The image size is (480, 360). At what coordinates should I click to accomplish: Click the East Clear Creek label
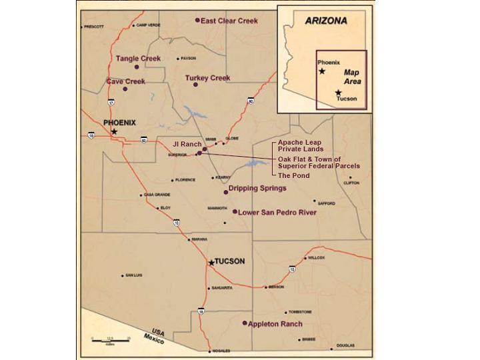(229, 21)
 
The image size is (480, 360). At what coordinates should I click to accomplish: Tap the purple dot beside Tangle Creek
(137, 67)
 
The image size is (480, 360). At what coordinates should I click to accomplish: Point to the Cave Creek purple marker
(125, 89)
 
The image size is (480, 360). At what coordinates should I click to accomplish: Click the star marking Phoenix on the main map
(114, 132)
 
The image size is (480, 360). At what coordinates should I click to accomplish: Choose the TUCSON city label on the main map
(231, 261)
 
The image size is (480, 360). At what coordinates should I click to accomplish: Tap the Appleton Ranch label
(275, 324)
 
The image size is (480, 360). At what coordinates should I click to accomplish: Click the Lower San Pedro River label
(277, 213)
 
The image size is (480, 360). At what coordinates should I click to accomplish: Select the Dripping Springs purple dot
(226, 192)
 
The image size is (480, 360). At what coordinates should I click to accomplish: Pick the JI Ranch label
(187, 144)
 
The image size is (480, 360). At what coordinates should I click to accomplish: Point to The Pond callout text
(293, 175)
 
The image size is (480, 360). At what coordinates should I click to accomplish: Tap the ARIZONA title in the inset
(326, 21)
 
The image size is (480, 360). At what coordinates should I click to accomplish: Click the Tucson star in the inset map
(339, 93)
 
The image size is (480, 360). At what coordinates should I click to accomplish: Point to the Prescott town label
(93, 27)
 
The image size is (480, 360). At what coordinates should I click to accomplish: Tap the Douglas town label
(345, 346)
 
